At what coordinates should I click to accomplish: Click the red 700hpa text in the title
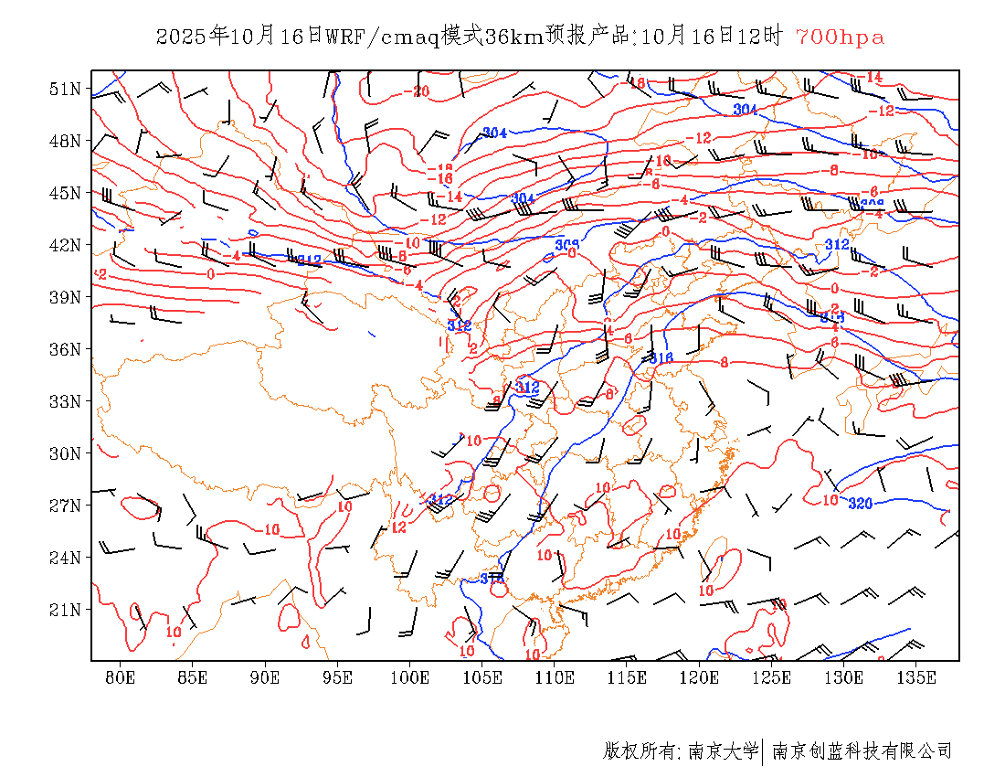pyautogui.click(x=840, y=37)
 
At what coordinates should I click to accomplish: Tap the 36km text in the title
pyautogui.click(x=513, y=37)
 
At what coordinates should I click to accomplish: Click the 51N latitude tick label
pyautogui.click(x=65, y=89)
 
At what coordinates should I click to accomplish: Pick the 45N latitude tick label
pyautogui.click(x=65, y=193)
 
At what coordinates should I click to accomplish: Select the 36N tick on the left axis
pyautogui.click(x=65, y=349)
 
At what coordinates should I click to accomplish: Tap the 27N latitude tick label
pyautogui.click(x=65, y=506)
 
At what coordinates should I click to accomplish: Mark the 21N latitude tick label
pyautogui.click(x=65, y=610)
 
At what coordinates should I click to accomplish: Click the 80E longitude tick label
pyautogui.click(x=121, y=677)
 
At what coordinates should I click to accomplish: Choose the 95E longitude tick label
pyautogui.click(x=338, y=677)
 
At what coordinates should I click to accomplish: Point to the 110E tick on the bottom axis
pyautogui.click(x=555, y=677)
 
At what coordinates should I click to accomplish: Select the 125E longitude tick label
pyautogui.click(x=772, y=677)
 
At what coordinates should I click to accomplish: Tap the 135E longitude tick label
pyautogui.click(x=916, y=677)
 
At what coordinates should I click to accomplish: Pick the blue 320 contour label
pyautogui.click(x=860, y=504)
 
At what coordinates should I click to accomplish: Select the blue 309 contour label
pyautogui.click(x=567, y=245)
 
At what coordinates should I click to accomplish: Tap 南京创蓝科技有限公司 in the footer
pyautogui.click(x=862, y=751)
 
